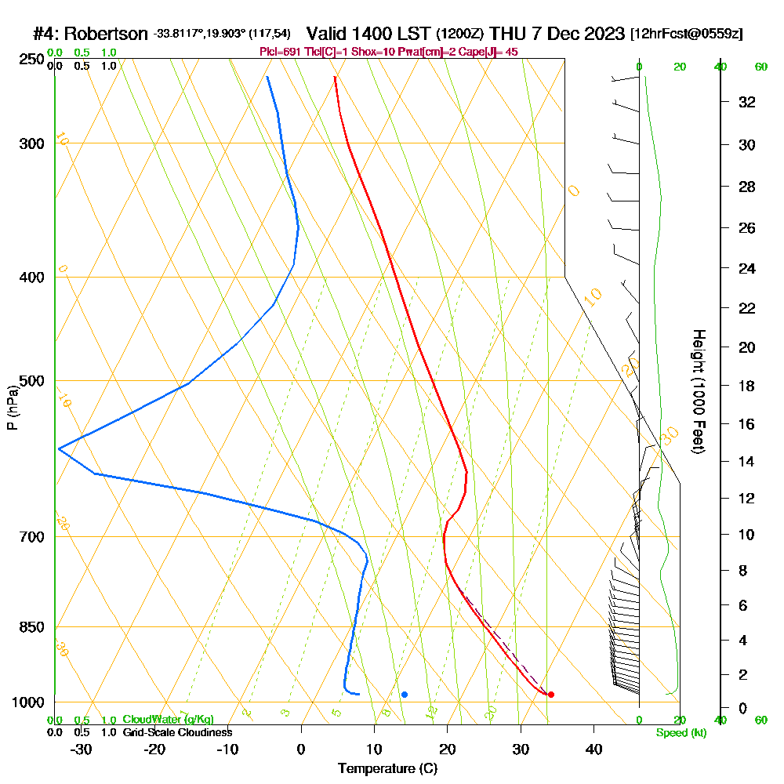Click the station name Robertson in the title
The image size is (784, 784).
105,34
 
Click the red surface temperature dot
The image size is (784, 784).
551,695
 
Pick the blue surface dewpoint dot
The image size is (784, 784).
405,695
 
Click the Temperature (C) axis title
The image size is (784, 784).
388,769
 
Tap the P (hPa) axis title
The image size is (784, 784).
13,407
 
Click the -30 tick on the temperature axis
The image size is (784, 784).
81,749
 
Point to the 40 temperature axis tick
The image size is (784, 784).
593,749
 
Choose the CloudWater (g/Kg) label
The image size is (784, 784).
168,720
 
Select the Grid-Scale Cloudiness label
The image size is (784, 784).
177,732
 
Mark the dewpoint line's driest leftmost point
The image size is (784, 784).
59,448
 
